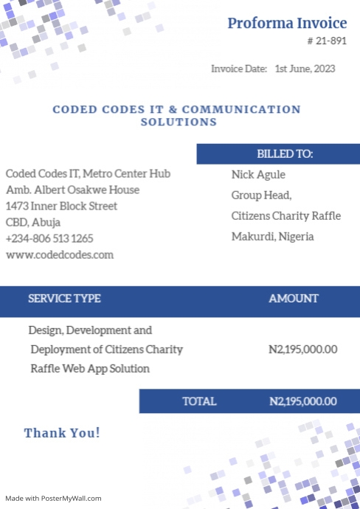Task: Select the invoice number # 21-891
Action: click(326, 41)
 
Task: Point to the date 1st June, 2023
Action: click(305, 69)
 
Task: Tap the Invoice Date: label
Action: click(239, 69)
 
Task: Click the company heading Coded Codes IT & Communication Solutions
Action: click(177, 116)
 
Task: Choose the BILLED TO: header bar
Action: click(278, 153)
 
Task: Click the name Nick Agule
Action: click(258, 175)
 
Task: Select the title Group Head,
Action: click(262, 195)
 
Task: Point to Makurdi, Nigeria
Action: click(273, 237)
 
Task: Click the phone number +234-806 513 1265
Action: click(49, 238)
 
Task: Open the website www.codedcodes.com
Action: click(60, 254)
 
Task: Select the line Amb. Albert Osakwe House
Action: click(72, 190)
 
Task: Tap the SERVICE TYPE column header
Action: click(64, 299)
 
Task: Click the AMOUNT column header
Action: click(294, 299)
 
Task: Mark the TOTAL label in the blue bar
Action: click(199, 401)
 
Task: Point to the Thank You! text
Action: click(62, 433)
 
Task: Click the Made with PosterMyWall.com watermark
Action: click(53, 499)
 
